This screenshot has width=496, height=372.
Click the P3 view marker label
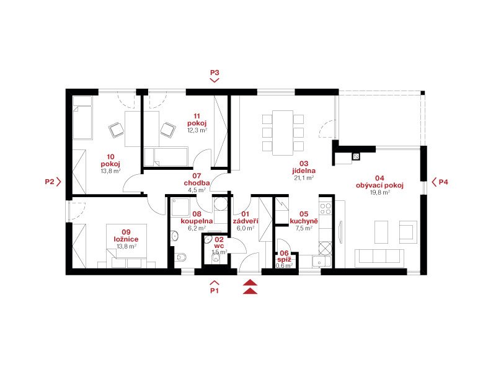(x=215, y=73)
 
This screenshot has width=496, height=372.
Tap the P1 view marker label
(x=215, y=290)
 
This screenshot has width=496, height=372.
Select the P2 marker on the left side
(x=50, y=182)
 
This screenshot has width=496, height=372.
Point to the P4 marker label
(x=443, y=182)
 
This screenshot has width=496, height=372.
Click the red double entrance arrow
(x=250, y=287)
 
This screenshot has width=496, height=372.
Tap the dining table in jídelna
(x=283, y=133)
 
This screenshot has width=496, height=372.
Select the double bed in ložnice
(x=126, y=246)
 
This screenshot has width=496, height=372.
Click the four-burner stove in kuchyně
(x=325, y=209)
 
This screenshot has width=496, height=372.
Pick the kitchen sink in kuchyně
(x=321, y=262)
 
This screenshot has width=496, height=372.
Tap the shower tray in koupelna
(x=180, y=207)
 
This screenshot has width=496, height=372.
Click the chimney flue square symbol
(x=356, y=156)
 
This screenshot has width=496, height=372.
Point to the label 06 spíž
(x=284, y=256)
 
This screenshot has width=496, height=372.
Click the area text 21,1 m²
(x=304, y=178)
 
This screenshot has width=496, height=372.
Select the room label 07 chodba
(x=197, y=179)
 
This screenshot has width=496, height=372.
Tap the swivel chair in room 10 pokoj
(x=117, y=130)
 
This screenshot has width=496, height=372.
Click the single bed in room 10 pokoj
(x=82, y=118)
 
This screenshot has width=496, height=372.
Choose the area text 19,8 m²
(x=380, y=192)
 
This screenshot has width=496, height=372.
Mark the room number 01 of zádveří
(x=245, y=214)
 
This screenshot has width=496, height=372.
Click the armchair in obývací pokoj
(x=408, y=232)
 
